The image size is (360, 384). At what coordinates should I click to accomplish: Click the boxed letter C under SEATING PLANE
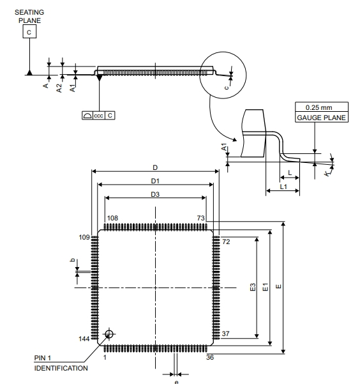[29, 31]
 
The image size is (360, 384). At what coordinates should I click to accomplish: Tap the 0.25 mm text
[319, 107]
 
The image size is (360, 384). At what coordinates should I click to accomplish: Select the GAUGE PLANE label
[321, 118]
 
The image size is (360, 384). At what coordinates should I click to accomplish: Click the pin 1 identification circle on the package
[109, 334]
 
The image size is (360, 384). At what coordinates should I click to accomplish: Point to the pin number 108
[112, 218]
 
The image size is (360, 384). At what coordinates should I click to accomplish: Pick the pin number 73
[200, 218]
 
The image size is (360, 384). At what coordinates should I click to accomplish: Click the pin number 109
[84, 237]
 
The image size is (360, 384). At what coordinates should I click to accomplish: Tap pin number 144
[84, 339]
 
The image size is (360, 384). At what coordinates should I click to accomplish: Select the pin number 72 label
[226, 242]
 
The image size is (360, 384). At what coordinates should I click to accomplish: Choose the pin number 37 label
[226, 334]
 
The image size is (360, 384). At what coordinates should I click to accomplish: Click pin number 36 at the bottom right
[210, 357]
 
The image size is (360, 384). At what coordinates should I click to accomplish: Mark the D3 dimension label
[155, 194]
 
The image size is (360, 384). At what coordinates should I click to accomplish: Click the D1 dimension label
[155, 181]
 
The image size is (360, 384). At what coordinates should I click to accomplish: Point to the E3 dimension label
[253, 287]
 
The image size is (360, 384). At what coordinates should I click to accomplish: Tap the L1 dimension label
[283, 187]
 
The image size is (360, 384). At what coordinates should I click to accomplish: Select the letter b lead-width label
[72, 260]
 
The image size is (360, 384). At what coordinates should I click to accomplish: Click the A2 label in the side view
[59, 88]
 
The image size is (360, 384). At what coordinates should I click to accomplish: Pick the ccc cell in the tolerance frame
[99, 116]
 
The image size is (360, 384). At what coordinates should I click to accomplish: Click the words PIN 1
[43, 358]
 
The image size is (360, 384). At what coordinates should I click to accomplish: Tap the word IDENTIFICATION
[61, 368]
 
